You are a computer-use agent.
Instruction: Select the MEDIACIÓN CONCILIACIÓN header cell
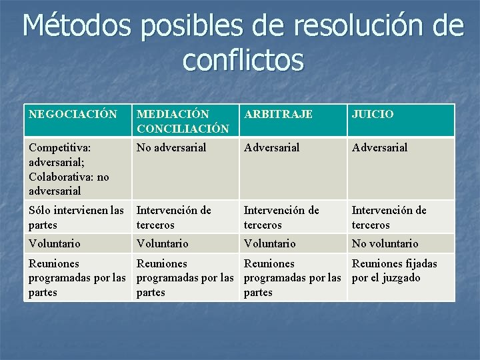pos(173,121)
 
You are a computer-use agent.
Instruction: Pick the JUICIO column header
pos(373,114)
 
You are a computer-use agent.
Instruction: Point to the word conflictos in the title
pos(243,60)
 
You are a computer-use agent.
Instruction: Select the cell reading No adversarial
pos(171,147)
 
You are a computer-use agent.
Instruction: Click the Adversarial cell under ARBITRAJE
pos(271,147)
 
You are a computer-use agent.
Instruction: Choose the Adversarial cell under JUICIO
pos(379,147)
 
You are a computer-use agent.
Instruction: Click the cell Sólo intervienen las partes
pos(77,217)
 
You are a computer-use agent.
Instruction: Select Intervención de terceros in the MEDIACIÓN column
pos(173,217)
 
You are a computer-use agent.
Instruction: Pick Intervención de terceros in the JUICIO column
pos(389,217)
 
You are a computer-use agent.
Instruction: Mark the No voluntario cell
pos(385,243)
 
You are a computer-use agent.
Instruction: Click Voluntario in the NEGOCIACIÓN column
pos(55,243)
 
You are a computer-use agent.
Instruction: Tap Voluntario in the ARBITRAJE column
pos(270,243)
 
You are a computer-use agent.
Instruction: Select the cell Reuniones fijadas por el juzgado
pos(394,271)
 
